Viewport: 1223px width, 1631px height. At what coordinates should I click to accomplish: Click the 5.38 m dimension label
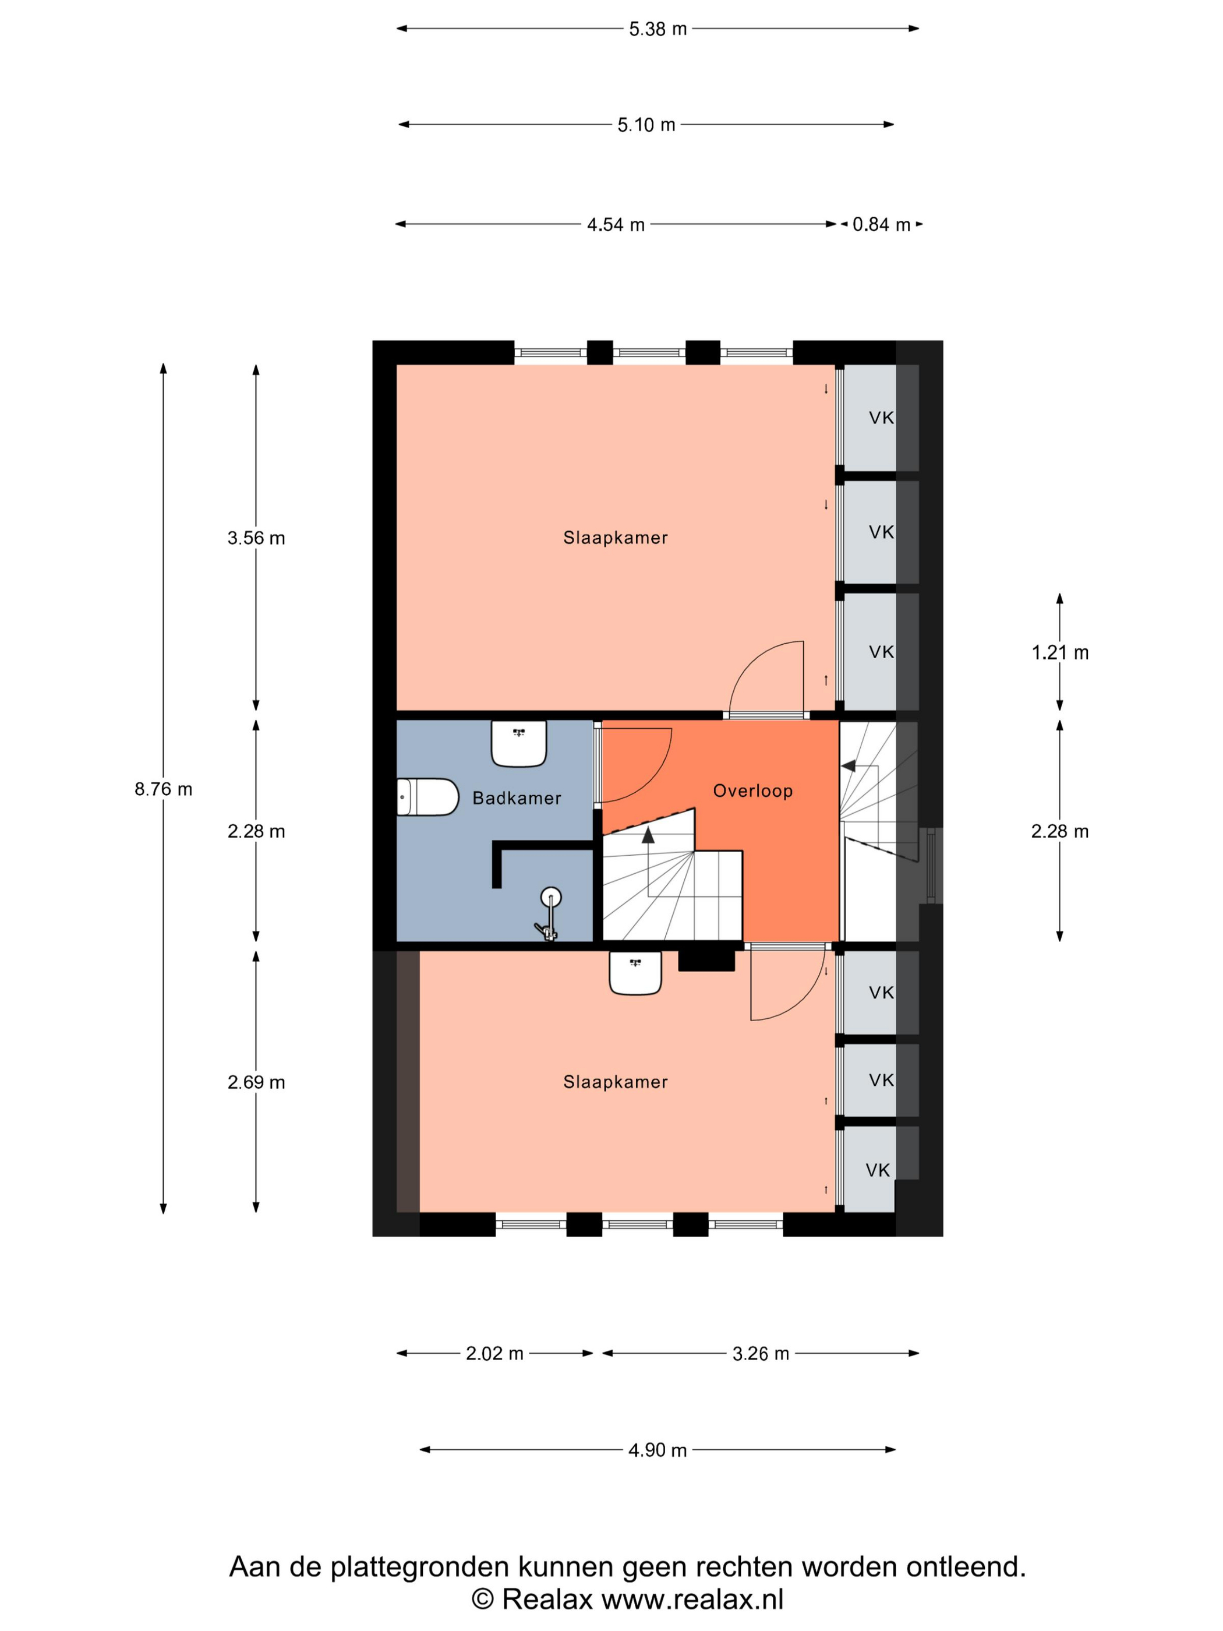[658, 29]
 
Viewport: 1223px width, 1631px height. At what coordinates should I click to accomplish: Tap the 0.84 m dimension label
[881, 224]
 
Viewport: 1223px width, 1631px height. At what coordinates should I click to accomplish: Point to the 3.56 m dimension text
[256, 538]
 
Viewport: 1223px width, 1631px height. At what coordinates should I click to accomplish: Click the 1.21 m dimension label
[1059, 652]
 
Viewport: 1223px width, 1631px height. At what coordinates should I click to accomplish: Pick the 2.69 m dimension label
[256, 1082]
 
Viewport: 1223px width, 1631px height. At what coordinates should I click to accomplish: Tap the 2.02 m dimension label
[494, 1353]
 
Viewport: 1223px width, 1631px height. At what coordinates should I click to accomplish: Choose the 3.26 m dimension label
[761, 1353]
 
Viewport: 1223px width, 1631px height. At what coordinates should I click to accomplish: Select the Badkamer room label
[517, 798]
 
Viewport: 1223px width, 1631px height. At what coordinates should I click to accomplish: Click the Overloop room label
[752, 791]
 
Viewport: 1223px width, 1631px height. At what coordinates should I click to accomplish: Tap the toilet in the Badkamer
[427, 797]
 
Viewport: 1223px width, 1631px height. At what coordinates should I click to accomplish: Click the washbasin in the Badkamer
[519, 743]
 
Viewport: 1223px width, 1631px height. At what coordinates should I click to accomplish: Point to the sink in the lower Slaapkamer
[635, 973]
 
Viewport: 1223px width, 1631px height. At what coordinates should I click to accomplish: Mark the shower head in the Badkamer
[550, 898]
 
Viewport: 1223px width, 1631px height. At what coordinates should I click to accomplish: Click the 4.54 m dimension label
[616, 224]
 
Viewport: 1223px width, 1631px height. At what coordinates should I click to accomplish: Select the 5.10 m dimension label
[646, 125]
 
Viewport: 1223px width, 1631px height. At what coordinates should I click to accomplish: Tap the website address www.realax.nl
[692, 1600]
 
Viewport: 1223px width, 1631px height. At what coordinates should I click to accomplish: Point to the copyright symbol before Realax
[482, 1600]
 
